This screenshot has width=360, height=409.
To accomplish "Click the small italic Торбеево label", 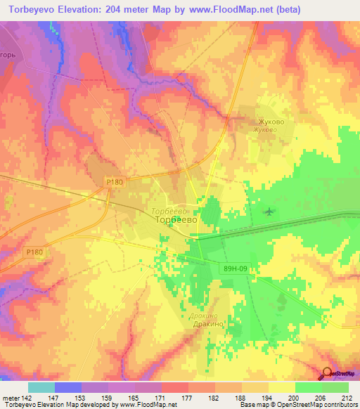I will point(167,211).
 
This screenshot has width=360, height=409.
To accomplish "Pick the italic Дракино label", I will point(203,316).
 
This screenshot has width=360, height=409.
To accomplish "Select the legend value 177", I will point(188,398).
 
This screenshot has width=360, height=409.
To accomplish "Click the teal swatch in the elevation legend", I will point(41,387).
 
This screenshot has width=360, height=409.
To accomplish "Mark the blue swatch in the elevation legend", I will point(67,387).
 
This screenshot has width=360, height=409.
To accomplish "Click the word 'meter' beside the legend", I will point(10,398).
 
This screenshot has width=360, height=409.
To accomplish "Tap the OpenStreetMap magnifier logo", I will point(328,374).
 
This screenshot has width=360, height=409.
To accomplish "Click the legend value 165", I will point(134,398).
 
